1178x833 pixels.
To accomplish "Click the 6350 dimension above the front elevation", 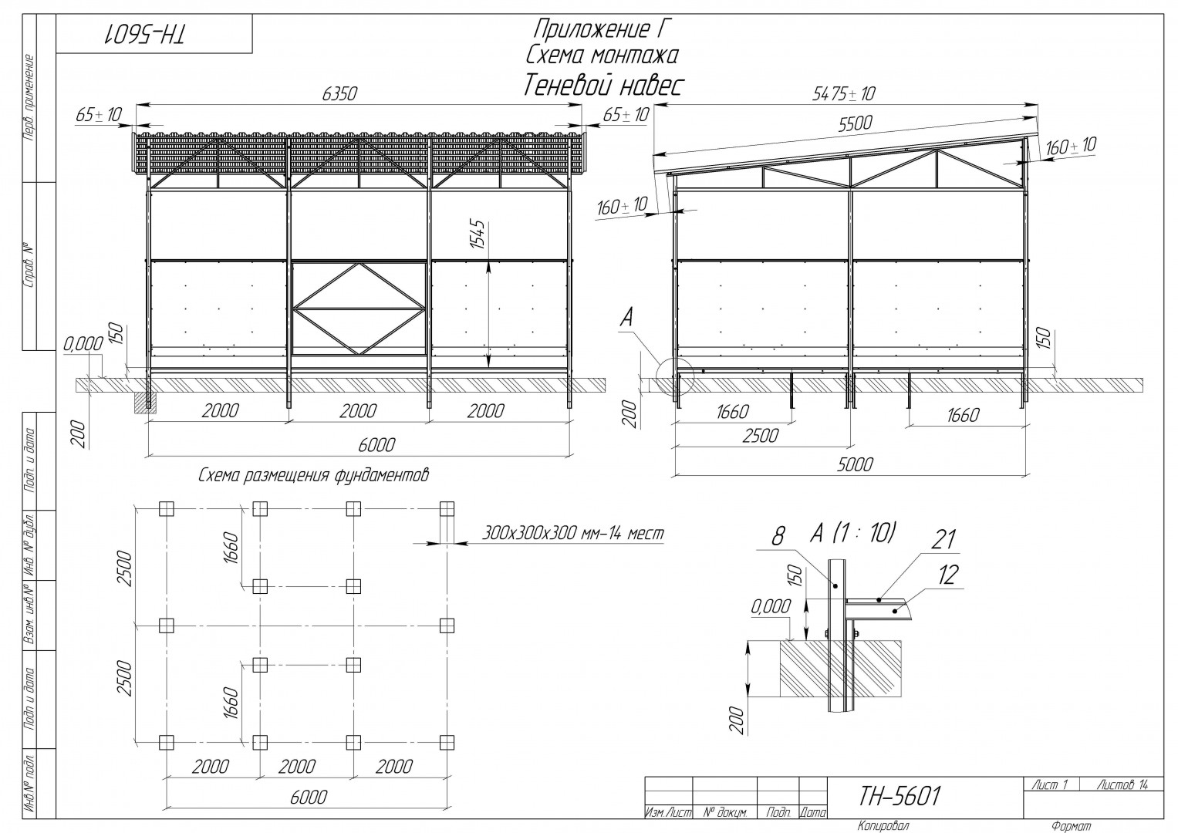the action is tap(339, 93).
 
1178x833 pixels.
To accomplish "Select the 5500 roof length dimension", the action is tap(855, 123).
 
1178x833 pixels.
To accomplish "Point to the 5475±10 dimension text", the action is tap(844, 94).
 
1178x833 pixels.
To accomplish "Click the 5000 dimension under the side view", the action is tap(855, 464).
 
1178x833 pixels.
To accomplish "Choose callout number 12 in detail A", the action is tap(947, 575).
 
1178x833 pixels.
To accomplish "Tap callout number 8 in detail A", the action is tap(778, 536).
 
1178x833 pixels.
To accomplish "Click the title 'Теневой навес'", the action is tap(603, 85).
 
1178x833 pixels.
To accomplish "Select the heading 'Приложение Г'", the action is tap(603, 29).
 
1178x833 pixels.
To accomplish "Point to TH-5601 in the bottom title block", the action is tap(899, 796).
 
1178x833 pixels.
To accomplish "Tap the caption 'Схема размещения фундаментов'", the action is tap(313, 475).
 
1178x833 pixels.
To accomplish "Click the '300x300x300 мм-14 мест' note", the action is tap(573, 533).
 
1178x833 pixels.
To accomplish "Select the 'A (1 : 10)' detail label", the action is tap(852, 533).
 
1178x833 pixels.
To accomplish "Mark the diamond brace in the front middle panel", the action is tap(359, 309).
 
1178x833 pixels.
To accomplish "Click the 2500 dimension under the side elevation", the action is tap(761, 436).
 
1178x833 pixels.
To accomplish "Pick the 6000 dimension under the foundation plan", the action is tap(309, 798).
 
